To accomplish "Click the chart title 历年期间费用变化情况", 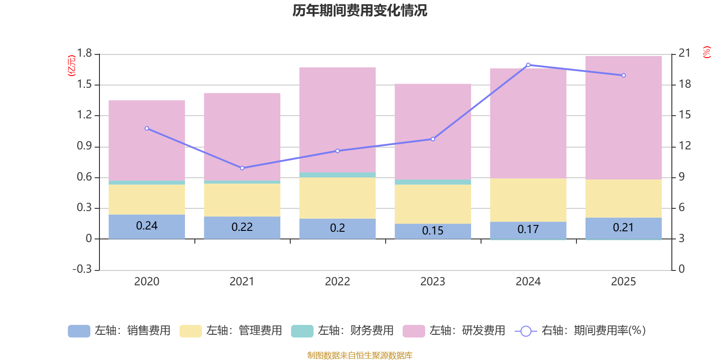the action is (x=360, y=10).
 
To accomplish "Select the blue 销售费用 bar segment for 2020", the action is (x=147, y=227).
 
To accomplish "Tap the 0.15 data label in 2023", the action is (x=432, y=230).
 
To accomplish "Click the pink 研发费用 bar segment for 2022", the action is (x=337, y=120).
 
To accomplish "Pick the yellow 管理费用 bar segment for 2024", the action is (x=528, y=200).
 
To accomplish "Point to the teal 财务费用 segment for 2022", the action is (x=337, y=175).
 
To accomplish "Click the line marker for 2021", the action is (x=243, y=168).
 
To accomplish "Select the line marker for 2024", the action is (x=528, y=65).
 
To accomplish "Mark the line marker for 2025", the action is (x=624, y=76).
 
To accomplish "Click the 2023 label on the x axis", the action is (x=432, y=282).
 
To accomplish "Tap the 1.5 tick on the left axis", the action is (x=84, y=84).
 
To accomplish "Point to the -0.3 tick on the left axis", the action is (x=82, y=269).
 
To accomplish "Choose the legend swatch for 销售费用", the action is (x=79, y=331).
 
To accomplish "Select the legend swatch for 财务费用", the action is (x=302, y=331).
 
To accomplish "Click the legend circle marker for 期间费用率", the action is (x=526, y=331).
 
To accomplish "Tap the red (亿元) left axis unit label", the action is (x=72, y=66).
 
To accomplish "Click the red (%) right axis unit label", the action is (x=706, y=52).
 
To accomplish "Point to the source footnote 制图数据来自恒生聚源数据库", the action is (x=360, y=355).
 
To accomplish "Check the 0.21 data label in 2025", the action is (x=623, y=228).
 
